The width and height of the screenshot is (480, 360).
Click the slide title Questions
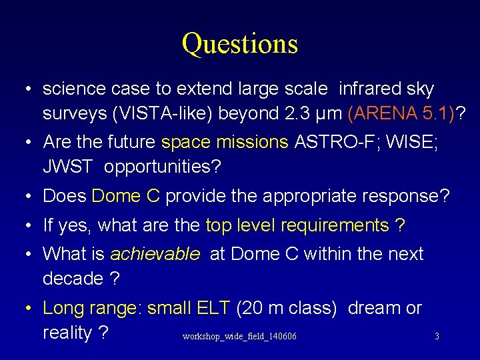click(x=239, y=44)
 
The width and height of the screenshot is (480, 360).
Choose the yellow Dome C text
click(x=126, y=197)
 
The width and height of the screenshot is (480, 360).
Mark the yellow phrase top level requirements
click(x=297, y=226)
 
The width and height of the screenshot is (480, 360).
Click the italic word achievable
click(x=154, y=254)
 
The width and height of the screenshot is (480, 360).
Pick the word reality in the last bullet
click(x=67, y=333)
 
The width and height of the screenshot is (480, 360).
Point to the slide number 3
click(x=437, y=337)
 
